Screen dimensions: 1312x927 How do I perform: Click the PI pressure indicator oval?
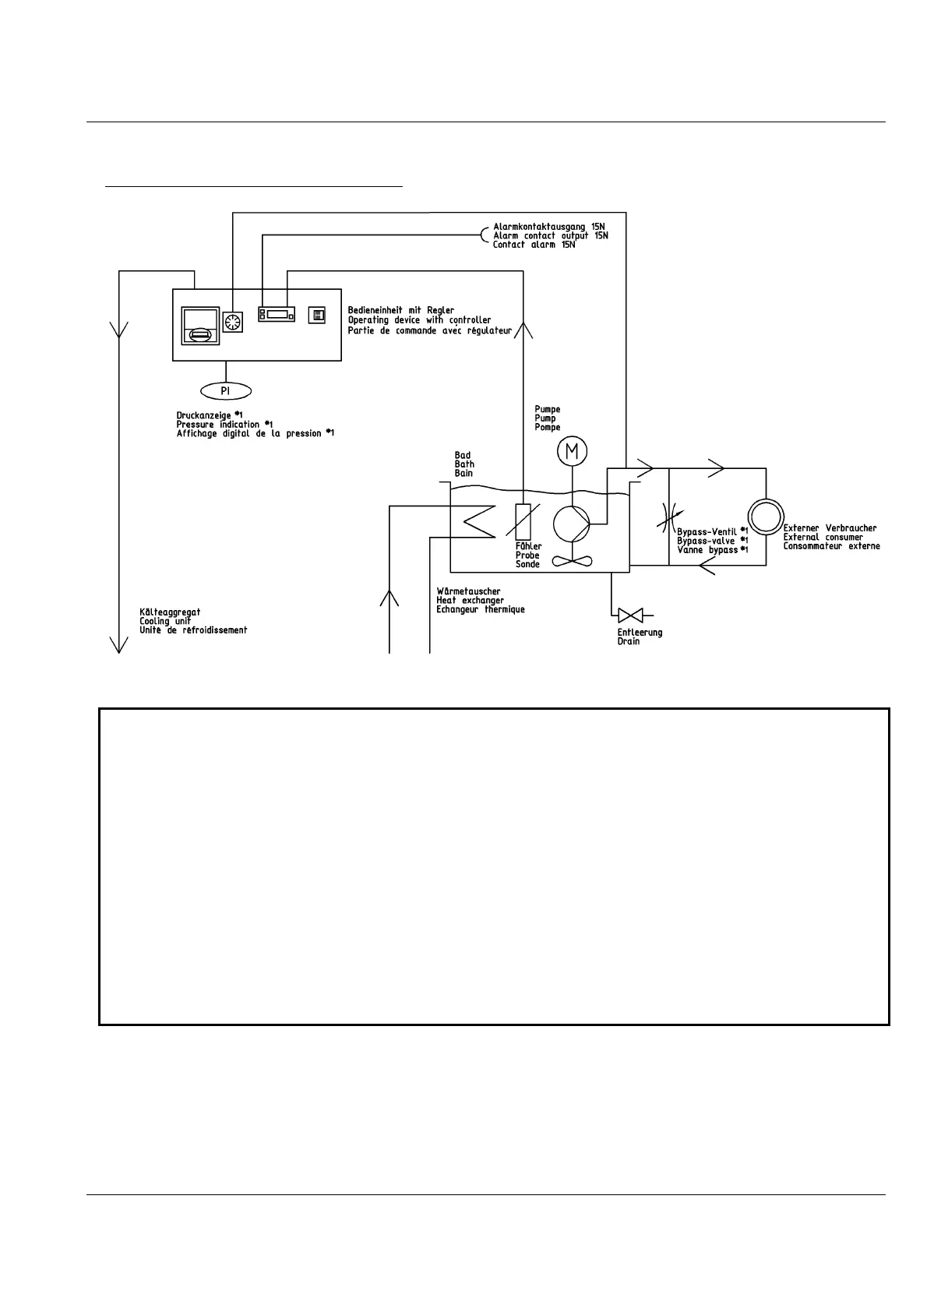pyautogui.click(x=226, y=390)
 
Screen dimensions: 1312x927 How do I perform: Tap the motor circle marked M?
pyautogui.click(x=573, y=451)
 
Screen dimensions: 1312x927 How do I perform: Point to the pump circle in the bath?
pyautogui.click(x=573, y=523)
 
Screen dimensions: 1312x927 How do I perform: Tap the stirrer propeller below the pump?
pyautogui.click(x=573, y=559)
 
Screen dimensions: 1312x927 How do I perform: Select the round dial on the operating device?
pyautogui.click(x=233, y=322)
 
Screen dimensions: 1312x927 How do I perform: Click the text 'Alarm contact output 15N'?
pyautogui.click(x=551, y=235)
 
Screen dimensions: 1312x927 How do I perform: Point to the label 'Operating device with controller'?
pyautogui.click(x=419, y=320)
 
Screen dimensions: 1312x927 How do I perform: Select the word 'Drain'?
pyautogui.click(x=629, y=641)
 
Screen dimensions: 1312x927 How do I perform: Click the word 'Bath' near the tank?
pyautogui.click(x=464, y=464)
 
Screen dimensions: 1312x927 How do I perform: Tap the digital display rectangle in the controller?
pyautogui.click(x=278, y=315)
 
